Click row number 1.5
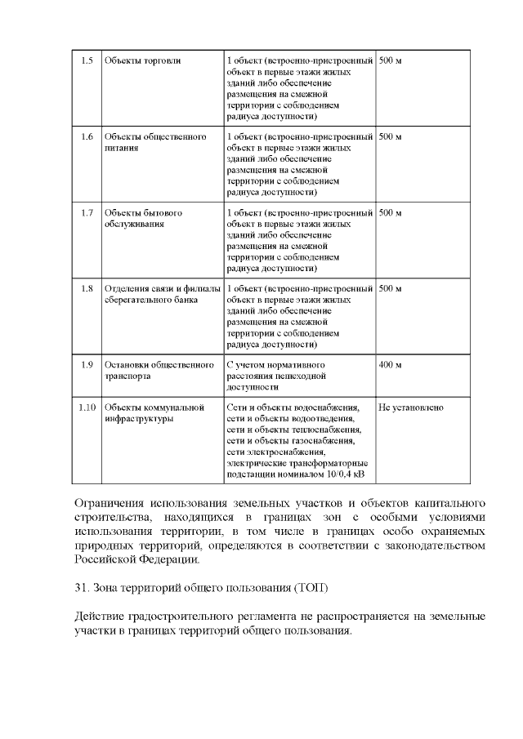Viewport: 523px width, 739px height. pyautogui.click(x=87, y=62)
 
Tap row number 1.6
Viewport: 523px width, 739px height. pyautogui.click(x=87, y=136)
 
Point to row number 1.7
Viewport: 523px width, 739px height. pyautogui.click(x=87, y=213)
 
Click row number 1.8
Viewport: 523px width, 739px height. pyautogui.click(x=87, y=288)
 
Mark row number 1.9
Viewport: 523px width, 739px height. pyautogui.click(x=87, y=364)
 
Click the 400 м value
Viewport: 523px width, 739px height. pyautogui.click(x=391, y=364)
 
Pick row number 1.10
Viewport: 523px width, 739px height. pyautogui.click(x=87, y=407)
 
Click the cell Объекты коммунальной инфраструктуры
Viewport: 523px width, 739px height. pyautogui.click(x=154, y=412)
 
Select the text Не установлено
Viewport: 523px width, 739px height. pyautogui.click(x=411, y=407)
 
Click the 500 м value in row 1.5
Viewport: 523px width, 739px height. pyautogui.click(x=391, y=62)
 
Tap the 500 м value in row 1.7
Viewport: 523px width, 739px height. pyautogui.click(x=391, y=213)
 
